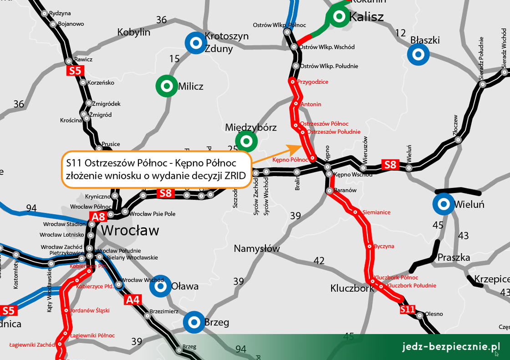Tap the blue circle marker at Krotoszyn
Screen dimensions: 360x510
196,43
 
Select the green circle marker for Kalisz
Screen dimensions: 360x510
339,17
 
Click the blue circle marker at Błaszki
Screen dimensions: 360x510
418,55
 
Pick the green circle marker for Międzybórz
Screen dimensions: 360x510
246,141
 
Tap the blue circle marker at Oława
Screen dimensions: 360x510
160,286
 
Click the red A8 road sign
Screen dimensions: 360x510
99,217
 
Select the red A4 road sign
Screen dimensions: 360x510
133,299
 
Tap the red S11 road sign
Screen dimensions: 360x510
408,310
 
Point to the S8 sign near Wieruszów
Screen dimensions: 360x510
390,165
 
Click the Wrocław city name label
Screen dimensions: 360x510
130,230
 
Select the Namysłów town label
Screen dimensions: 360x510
256,248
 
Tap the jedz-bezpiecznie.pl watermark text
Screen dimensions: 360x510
449,347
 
